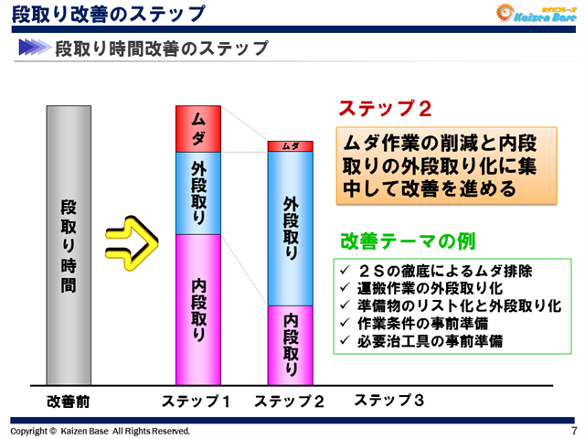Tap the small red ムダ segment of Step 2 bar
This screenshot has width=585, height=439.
coord(290,146)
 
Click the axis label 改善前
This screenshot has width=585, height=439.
coord(69,401)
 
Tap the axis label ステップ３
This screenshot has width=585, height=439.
coord(388,400)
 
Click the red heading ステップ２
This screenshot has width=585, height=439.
coord(385,108)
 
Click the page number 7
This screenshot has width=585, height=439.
coord(573,431)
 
